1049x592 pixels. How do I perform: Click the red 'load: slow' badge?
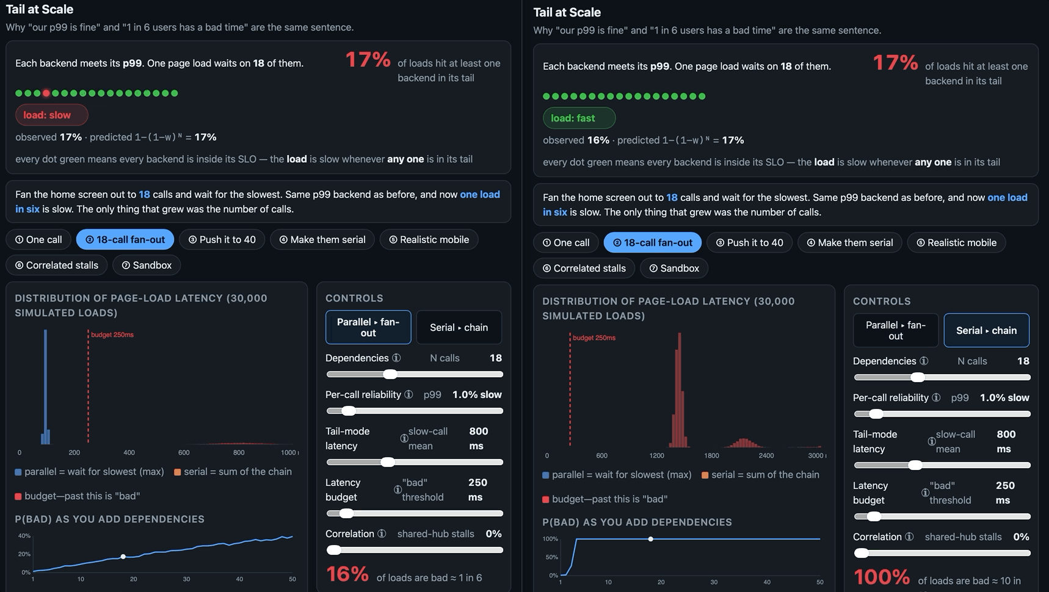pos(51,115)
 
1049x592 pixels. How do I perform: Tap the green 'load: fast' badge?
pos(579,118)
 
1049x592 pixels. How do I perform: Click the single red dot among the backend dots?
pos(46,93)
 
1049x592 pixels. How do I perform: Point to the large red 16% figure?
pos(347,574)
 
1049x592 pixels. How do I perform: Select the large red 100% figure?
pos(881,577)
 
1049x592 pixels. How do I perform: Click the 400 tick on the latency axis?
pos(129,453)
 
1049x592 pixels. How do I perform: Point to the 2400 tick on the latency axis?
pos(766,456)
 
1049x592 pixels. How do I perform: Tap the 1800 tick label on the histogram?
pos(711,456)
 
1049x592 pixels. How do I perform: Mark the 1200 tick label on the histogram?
pos(656,456)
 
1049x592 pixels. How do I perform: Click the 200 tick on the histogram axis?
pos(74,453)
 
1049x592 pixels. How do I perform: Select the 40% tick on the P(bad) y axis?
pos(24,536)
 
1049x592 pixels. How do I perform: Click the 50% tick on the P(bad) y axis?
pos(552,557)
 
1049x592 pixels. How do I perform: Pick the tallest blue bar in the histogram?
pos(45,387)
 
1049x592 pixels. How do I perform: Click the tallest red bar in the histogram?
pos(680,390)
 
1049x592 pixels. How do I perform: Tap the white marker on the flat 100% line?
pos(651,539)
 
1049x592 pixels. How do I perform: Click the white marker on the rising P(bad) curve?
pos(123,557)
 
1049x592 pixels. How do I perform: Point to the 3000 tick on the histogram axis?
pos(816,456)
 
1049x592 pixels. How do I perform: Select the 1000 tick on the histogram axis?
pos(288,453)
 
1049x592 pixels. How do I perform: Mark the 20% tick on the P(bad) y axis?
pos(24,554)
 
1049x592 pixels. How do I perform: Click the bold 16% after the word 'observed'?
pos(598,140)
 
